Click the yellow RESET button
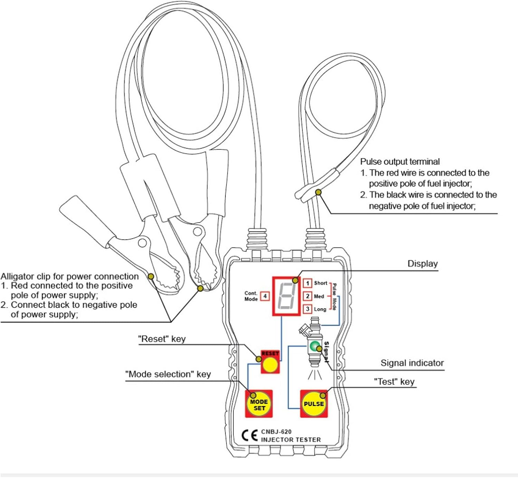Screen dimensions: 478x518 tap(270, 365)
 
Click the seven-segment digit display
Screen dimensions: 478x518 tap(286, 296)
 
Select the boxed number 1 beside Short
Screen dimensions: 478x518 tap(308, 283)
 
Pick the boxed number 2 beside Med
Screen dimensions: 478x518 tap(308, 296)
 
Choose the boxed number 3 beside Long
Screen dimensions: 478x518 tap(308, 309)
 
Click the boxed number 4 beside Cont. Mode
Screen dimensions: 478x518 tap(265, 296)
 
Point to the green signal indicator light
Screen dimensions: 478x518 tap(314, 346)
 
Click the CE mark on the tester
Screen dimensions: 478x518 tap(249, 436)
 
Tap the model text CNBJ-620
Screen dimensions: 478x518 tap(276, 431)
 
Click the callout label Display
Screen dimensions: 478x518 tap(422, 264)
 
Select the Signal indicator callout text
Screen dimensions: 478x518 tap(412, 363)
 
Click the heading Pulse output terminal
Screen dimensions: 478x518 tap(400, 162)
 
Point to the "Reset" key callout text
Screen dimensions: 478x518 tap(162, 339)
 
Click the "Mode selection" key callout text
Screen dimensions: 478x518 tap(168, 374)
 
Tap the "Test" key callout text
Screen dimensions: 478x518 tap(394, 382)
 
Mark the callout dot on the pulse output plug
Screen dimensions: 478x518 tap(318, 192)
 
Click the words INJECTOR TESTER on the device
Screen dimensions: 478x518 tap(291, 440)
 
